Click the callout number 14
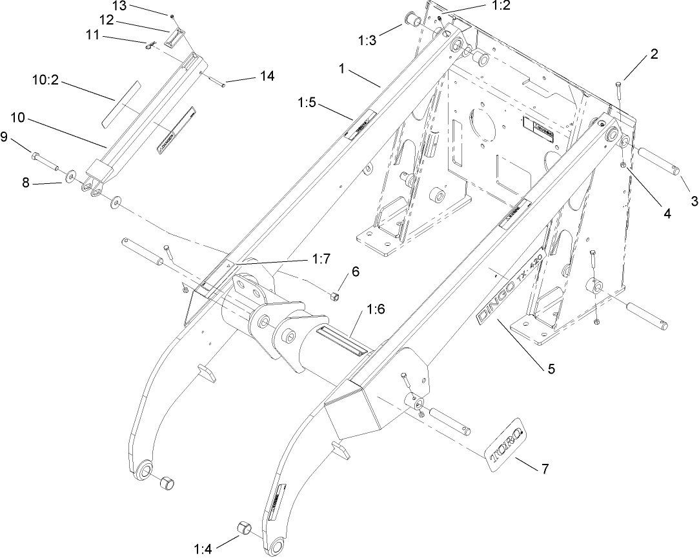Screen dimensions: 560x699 pyautogui.click(x=266, y=77)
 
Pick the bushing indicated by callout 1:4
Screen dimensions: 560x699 pyautogui.click(x=244, y=527)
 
